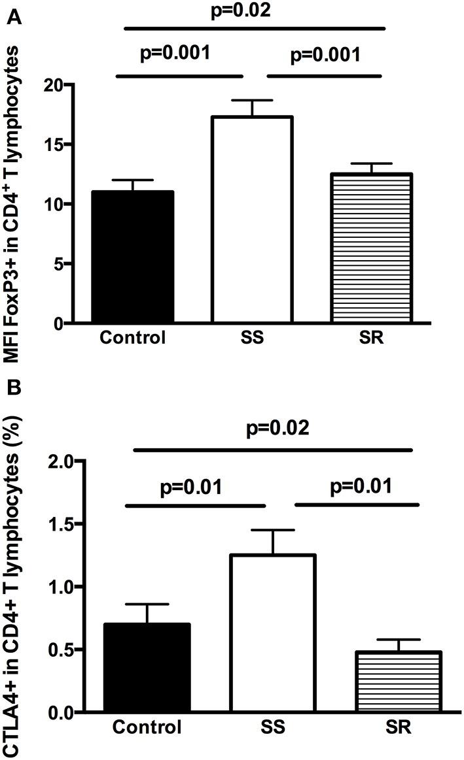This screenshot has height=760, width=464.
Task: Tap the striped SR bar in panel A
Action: click(x=371, y=248)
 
